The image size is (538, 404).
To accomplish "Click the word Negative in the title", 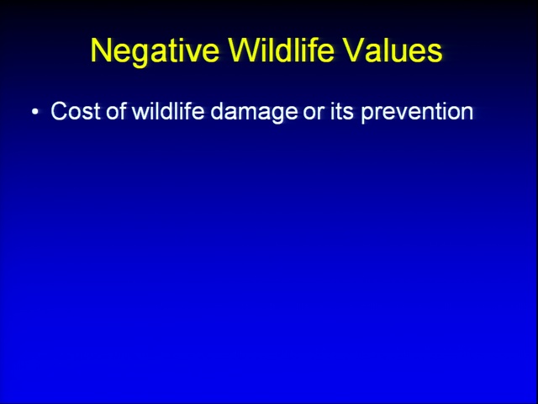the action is (x=155, y=50).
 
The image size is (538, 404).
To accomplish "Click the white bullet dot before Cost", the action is (x=35, y=112).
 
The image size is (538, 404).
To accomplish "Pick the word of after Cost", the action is (x=116, y=110).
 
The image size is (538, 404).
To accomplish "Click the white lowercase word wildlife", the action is (x=168, y=110).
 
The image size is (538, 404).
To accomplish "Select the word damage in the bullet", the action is (x=254, y=113).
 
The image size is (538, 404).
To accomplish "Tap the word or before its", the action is (x=314, y=114).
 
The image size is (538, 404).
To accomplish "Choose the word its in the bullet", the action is (x=341, y=111).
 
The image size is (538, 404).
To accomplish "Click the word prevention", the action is (x=417, y=113).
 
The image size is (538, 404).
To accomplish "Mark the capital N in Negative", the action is (x=101, y=50).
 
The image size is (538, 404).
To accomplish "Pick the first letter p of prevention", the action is (x=368, y=115).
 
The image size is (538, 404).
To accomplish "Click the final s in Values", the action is (x=435, y=53).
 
